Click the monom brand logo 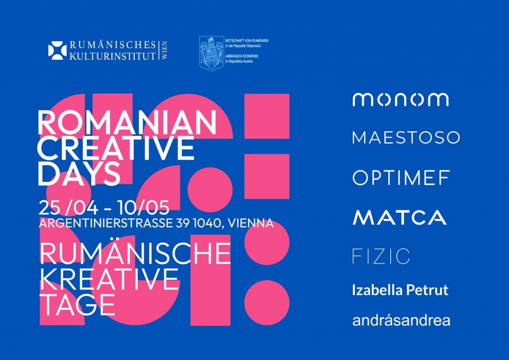401,99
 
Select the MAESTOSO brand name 406,138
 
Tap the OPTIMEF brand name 401,178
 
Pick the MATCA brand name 400,217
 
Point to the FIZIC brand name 381,257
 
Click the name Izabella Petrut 400,290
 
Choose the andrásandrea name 401,320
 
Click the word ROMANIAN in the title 127,123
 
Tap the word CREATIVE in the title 116,148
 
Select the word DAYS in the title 79,173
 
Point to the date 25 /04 68,208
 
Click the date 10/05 144,208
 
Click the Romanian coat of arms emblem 212,53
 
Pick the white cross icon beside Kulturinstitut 58,51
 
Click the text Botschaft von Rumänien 247,41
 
